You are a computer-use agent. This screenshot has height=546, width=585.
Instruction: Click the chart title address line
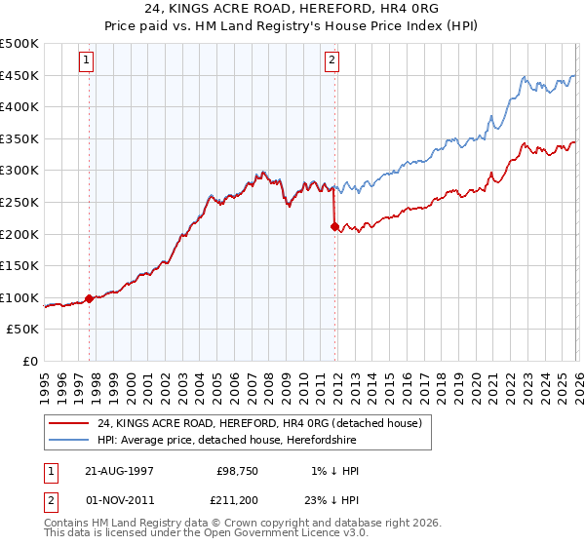292,9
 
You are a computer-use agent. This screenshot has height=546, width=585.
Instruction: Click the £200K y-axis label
19,234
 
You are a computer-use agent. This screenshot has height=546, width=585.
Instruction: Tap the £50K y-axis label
23,330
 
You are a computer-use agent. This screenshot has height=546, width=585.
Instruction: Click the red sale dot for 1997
90,298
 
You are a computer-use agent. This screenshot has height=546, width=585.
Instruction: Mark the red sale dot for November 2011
335,226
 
